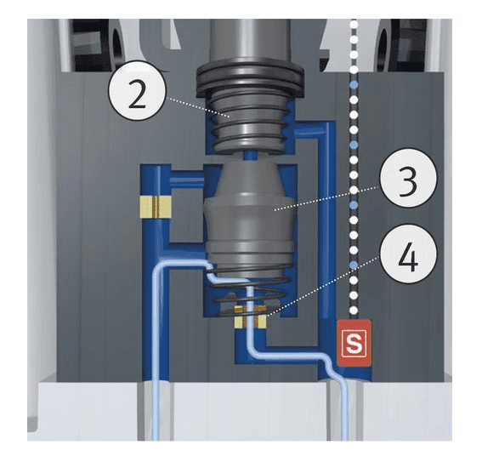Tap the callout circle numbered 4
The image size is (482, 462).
(x=409, y=254)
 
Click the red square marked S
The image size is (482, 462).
(x=354, y=343)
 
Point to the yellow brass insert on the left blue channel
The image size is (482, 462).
(x=156, y=207)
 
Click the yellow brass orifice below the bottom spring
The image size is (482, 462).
(x=250, y=317)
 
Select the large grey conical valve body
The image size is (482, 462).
(x=250, y=220)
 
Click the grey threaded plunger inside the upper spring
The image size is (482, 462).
(x=250, y=123)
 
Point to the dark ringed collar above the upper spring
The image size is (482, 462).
(x=250, y=81)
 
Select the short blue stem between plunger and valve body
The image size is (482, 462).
(x=250, y=156)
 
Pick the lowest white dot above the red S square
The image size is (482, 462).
(x=354, y=310)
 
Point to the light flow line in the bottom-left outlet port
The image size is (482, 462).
(x=156, y=411)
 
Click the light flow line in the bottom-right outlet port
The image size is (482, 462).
(x=345, y=411)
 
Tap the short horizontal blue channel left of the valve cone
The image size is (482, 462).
(x=188, y=179)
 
